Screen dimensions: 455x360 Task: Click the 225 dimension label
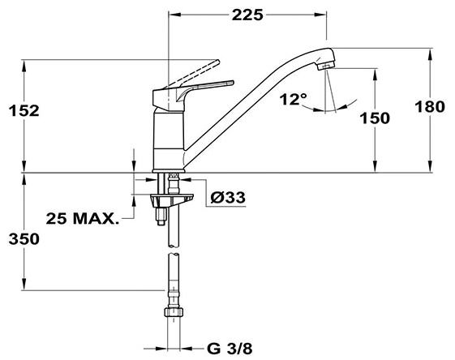[x=247, y=15]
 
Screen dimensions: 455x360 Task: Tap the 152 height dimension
[x=24, y=111]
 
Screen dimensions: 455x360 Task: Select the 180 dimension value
[x=430, y=106]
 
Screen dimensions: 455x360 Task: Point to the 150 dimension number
[x=375, y=118]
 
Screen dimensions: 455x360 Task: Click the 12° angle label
[x=294, y=99]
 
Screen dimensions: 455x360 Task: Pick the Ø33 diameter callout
[x=228, y=198]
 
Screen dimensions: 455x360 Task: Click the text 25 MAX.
[x=83, y=218]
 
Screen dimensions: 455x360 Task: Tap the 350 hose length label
[x=24, y=239]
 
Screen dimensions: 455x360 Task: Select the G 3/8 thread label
[x=230, y=349]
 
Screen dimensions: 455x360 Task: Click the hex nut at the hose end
[x=174, y=312]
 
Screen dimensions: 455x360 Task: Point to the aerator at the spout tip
[x=325, y=66]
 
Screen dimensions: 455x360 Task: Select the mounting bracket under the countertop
[x=170, y=200]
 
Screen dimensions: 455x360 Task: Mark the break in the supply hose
[x=174, y=251]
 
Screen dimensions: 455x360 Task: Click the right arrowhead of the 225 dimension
[x=321, y=15]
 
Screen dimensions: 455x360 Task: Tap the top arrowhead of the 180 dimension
[x=429, y=54]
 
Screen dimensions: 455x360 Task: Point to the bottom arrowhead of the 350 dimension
[x=24, y=284]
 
